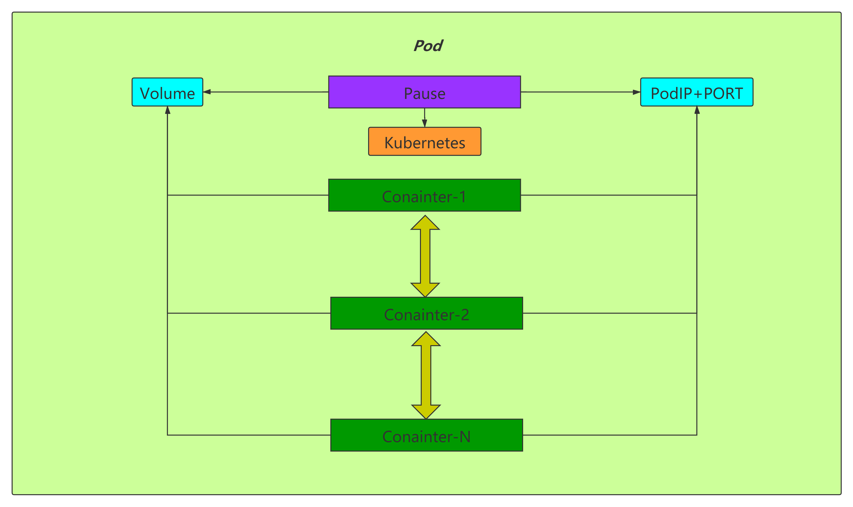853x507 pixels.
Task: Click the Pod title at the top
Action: coord(428,46)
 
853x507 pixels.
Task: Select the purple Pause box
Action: coord(425,92)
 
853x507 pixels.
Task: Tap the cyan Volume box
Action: coord(167,92)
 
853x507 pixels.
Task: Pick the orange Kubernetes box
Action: coord(425,142)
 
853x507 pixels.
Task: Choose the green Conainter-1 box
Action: coord(425,195)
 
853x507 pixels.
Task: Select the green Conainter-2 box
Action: coord(426,313)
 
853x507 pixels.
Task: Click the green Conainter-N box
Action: coord(426,435)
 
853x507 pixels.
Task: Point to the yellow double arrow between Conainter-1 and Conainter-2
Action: coord(425,256)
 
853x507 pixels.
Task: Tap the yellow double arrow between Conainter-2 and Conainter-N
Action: coord(426,375)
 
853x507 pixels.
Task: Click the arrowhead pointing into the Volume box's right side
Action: coord(207,92)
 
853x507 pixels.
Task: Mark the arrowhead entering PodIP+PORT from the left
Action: coord(636,92)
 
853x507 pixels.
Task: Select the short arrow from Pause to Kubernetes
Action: coord(425,118)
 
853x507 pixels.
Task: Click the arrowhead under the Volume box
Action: coord(167,110)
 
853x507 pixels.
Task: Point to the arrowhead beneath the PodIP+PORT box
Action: coord(697,110)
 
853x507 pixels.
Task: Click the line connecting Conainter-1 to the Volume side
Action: coord(248,195)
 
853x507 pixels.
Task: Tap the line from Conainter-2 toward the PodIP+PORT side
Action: coord(610,313)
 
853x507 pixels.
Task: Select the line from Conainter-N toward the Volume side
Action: coord(249,435)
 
